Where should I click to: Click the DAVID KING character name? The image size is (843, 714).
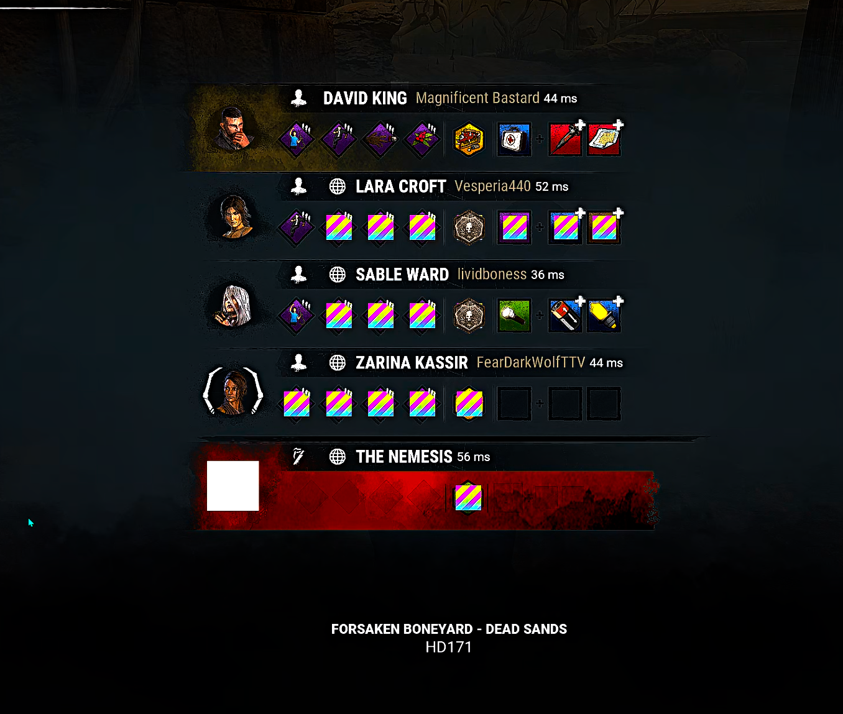coord(365,98)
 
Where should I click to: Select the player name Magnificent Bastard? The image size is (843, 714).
coord(477,98)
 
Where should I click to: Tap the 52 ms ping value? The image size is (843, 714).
coord(551,186)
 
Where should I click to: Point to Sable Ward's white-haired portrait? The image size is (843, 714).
coord(233,306)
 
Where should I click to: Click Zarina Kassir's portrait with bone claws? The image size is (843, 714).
coord(233,391)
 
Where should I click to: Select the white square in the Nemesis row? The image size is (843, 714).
coord(233,486)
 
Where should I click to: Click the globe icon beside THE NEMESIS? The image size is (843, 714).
coord(338,457)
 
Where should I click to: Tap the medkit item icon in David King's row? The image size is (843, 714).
coord(514,139)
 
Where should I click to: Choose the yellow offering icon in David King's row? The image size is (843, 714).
coord(469,139)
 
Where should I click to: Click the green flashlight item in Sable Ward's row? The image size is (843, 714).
coord(514,316)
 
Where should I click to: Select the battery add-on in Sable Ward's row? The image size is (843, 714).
coord(565,316)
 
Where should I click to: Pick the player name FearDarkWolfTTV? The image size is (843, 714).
coord(531,362)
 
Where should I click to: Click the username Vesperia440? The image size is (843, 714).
coord(492,186)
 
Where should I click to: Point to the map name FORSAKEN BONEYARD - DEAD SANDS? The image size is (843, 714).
coord(449,629)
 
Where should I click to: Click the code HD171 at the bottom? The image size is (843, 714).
coord(449,648)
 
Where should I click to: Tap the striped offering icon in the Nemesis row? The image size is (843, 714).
coord(468,498)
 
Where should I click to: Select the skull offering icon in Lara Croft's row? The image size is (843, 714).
coord(469,227)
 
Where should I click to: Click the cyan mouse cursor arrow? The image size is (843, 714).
coord(30,523)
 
